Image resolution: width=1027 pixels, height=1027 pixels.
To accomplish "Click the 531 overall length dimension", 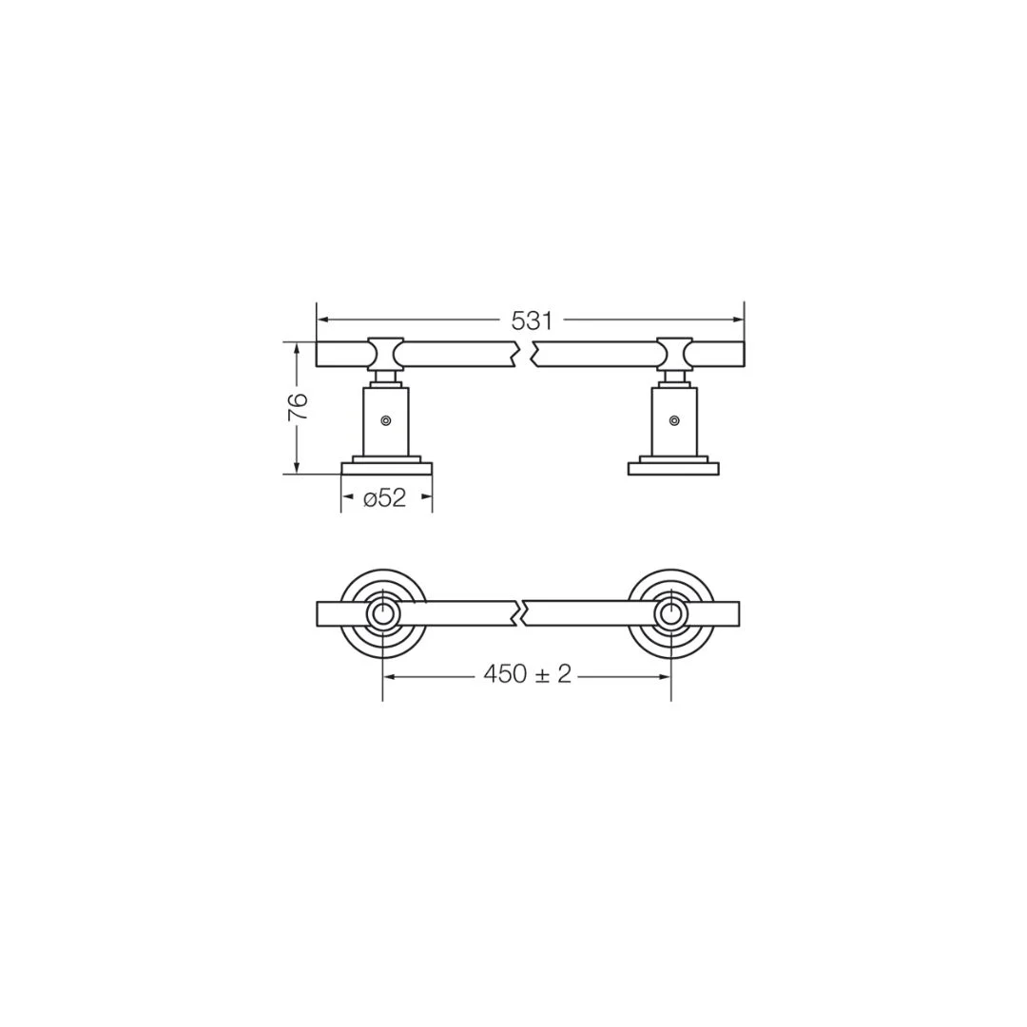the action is pyautogui.click(x=532, y=321).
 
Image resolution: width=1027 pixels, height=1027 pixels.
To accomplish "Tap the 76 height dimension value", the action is pyautogui.click(x=298, y=407).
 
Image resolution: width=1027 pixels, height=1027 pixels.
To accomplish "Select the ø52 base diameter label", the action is pyautogui.click(x=385, y=498).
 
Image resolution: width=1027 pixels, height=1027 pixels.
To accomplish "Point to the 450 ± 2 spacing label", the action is pyautogui.click(x=527, y=674).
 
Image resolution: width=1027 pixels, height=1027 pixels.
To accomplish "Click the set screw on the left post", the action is pyautogui.click(x=386, y=420).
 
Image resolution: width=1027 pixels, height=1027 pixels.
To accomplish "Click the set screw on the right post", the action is pyautogui.click(x=674, y=420).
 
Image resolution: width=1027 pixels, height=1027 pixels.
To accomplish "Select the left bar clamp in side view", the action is pyautogui.click(x=386, y=353).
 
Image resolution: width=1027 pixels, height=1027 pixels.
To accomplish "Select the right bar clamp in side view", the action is pyautogui.click(x=674, y=353).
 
